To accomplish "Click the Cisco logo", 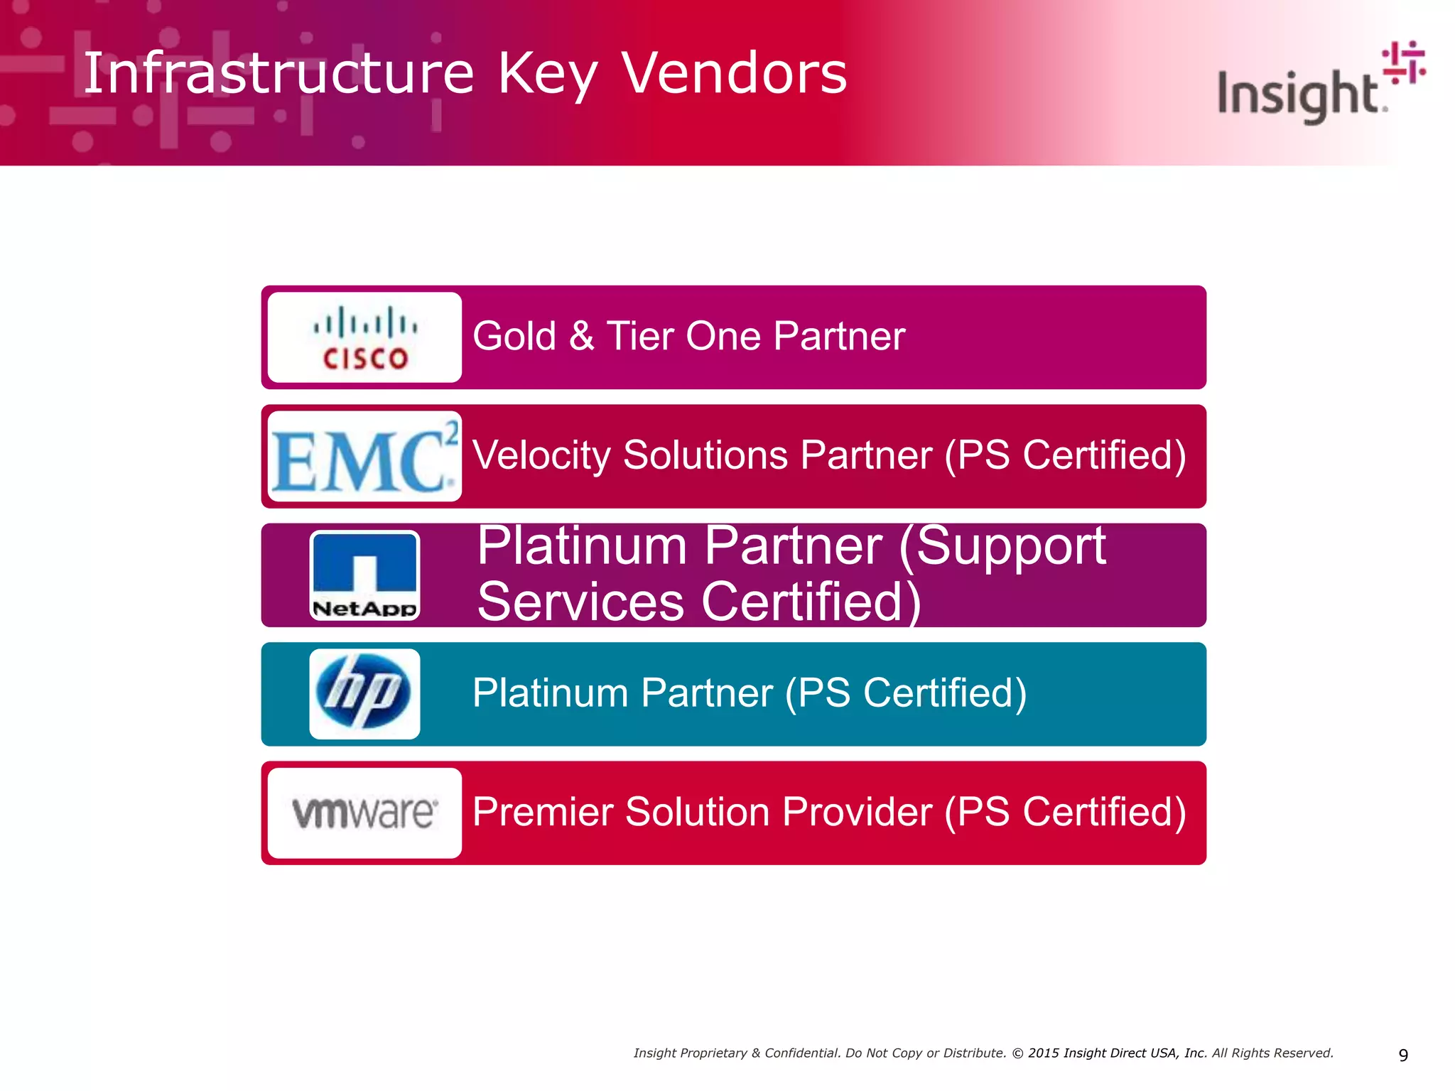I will [x=365, y=338].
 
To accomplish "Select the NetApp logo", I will [x=365, y=575].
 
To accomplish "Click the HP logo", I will [x=365, y=694].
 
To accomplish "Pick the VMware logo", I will [x=365, y=813].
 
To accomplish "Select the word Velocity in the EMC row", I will [x=541, y=455].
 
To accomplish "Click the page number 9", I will [x=1403, y=1055].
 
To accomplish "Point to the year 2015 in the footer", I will [x=1043, y=1053].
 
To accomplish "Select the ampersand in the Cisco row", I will [x=582, y=336].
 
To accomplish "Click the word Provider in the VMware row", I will [x=856, y=812].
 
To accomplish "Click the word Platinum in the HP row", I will [x=551, y=693].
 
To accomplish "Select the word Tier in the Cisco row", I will [x=639, y=336].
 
